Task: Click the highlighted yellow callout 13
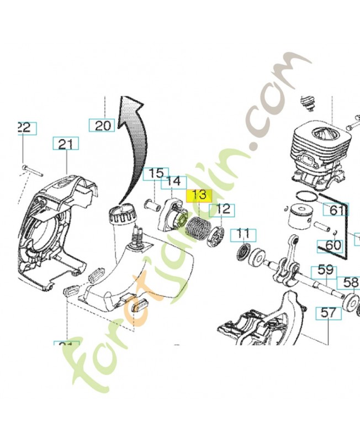click(199, 196)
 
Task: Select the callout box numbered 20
click(102, 125)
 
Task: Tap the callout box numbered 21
click(66, 144)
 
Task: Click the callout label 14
click(173, 181)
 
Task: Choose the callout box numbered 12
click(223, 209)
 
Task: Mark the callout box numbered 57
click(328, 313)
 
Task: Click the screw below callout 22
click(32, 168)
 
